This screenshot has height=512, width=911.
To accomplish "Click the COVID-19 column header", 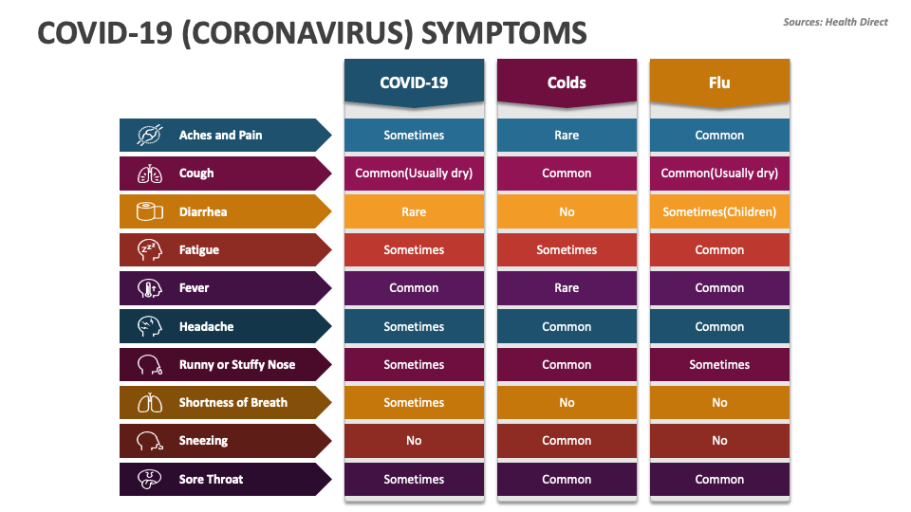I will [414, 82].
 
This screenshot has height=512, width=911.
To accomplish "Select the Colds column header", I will [567, 82].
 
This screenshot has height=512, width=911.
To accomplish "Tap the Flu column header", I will [719, 82].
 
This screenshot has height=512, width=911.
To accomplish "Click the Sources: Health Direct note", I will [835, 22].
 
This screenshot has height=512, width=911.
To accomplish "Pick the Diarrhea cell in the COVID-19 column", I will [414, 211].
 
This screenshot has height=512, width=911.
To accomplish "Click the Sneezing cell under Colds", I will [567, 441].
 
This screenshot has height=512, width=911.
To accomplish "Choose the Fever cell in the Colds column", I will [567, 288].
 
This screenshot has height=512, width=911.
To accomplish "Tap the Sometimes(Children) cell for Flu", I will [719, 211].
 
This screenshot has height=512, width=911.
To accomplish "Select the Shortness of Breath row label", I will [232, 403].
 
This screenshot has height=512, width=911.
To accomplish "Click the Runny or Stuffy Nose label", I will [236, 365].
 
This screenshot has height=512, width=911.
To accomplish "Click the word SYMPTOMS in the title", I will [504, 33].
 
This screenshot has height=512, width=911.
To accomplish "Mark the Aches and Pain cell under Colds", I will [567, 136].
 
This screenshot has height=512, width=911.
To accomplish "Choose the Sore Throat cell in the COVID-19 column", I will [414, 480].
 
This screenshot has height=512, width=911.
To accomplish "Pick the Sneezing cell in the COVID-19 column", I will [414, 441].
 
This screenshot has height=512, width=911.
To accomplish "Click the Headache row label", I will [206, 326].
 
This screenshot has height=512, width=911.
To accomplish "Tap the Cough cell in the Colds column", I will [567, 174].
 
